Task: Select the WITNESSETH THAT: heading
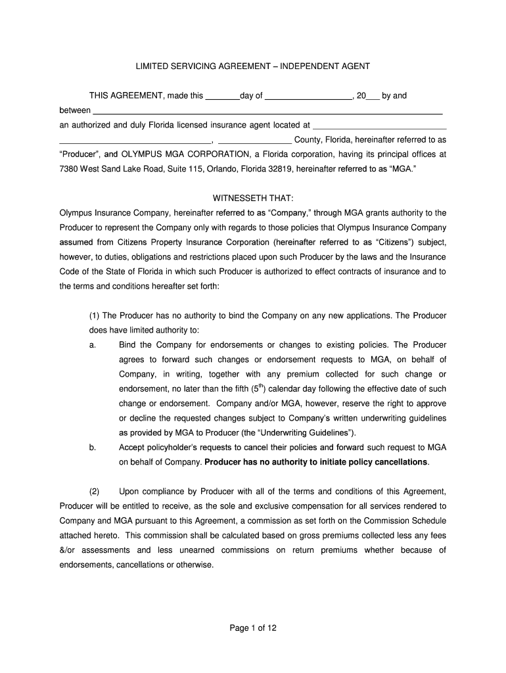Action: pyautogui.click(x=253, y=198)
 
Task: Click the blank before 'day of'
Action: pyautogui.click(x=222, y=96)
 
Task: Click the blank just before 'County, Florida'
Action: pyautogui.click(x=254, y=140)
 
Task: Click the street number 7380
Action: pyautogui.click(x=70, y=169)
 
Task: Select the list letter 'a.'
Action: pyautogui.click(x=93, y=345)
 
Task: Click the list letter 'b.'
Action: pyautogui.click(x=93, y=448)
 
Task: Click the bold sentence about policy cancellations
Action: pyautogui.click(x=317, y=462)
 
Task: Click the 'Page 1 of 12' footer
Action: pyautogui.click(x=253, y=628)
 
